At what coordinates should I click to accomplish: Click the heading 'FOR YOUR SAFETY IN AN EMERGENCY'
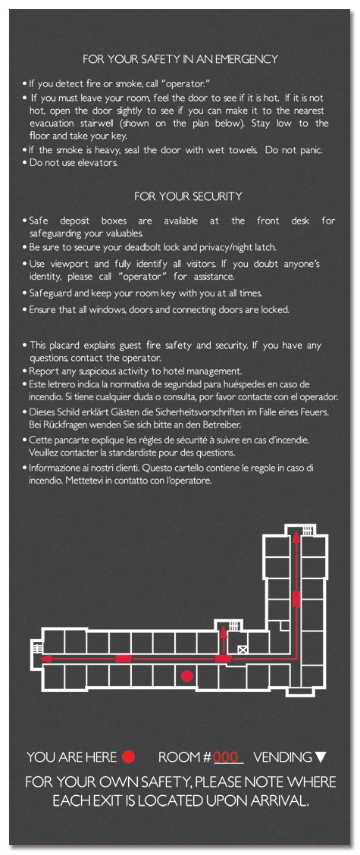click(x=180, y=59)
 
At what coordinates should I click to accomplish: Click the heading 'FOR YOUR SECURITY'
click(x=188, y=196)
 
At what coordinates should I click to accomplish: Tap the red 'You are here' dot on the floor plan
click(x=187, y=675)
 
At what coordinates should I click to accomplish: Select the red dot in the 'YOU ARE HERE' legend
click(x=128, y=756)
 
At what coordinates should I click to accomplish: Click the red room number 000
click(x=226, y=757)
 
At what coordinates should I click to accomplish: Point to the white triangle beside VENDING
click(x=321, y=757)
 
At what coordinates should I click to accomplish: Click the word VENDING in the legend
click(x=283, y=757)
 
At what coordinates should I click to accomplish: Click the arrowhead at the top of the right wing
click(x=296, y=539)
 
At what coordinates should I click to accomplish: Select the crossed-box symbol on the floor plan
click(x=243, y=650)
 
